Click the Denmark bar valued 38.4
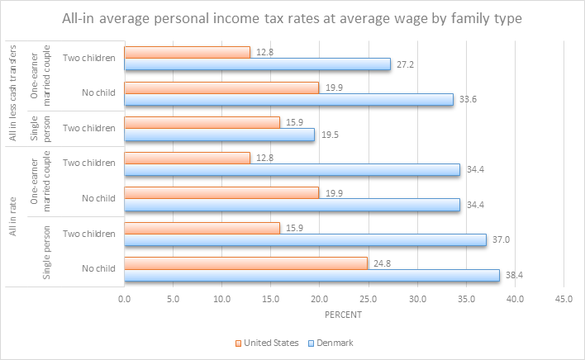(x=312, y=276)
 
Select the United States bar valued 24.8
(x=245, y=263)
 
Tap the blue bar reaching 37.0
(x=305, y=240)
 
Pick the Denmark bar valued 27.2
(x=257, y=64)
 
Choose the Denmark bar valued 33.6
(x=288, y=99)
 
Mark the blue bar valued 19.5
(x=219, y=135)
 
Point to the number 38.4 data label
(x=517, y=276)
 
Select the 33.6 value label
(x=470, y=99)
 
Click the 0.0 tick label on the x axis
(x=124, y=298)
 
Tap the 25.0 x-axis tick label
(x=369, y=298)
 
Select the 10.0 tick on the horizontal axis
(x=221, y=298)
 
